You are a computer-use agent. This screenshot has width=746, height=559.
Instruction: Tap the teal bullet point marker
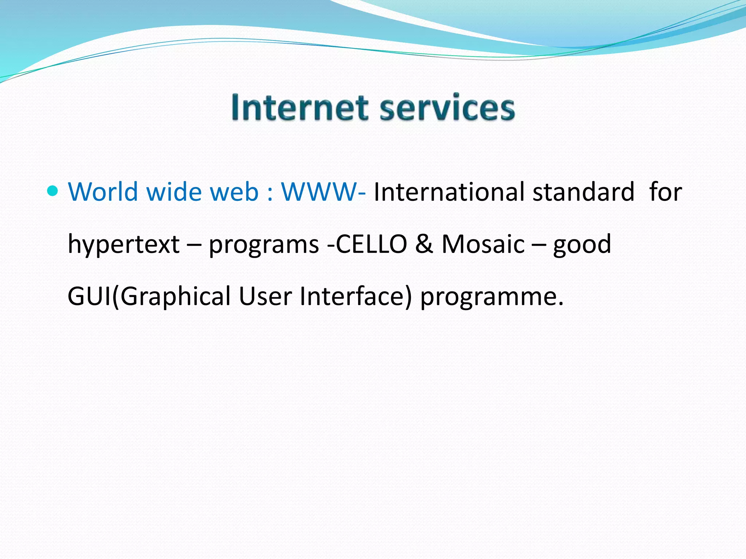pos(53,190)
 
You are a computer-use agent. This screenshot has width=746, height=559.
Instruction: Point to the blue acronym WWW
pos(319,191)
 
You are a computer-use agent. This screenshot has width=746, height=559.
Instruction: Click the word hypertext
pos(123,245)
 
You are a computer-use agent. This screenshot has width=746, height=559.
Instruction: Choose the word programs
pos(264,245)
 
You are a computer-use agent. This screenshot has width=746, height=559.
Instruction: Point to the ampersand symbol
pos(424,244)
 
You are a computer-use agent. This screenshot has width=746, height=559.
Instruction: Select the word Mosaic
pos(483,244)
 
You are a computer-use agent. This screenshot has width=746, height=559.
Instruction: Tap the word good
pos(582,245)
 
